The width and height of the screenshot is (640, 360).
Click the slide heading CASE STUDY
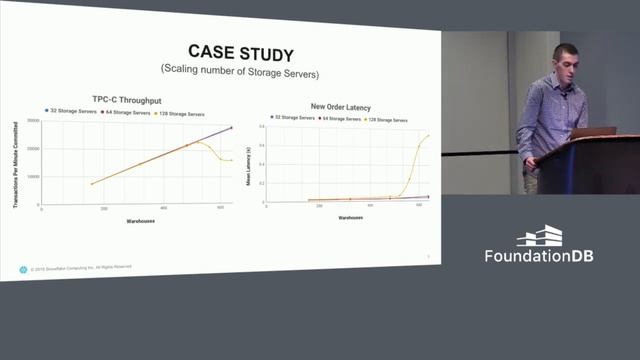pos(227,51)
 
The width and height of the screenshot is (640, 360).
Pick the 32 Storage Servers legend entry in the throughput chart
pos(68,112)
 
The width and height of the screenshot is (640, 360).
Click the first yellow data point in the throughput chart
pos(92,183)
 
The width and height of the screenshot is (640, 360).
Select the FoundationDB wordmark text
pos(539,256)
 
